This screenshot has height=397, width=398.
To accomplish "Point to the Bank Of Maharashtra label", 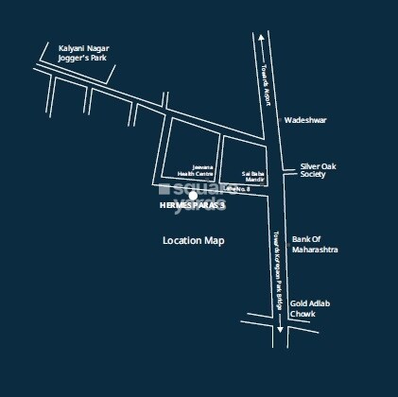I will pyautogui.click(x=316, y=244).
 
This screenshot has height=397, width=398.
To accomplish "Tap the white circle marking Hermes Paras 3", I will pyautogui.click(x=193, y=196).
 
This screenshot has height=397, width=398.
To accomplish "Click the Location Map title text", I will pyautogui.click(x=194, y=241).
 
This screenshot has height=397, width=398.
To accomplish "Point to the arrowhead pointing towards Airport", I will pyautogui.click(x=261, y=39).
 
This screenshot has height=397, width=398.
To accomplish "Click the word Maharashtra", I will pyautogui.click(x=316, y=250).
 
